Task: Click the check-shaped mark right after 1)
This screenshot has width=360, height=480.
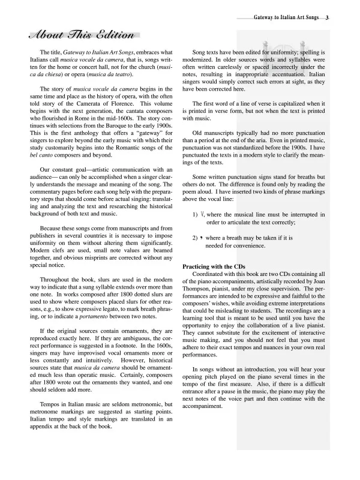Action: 202,214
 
